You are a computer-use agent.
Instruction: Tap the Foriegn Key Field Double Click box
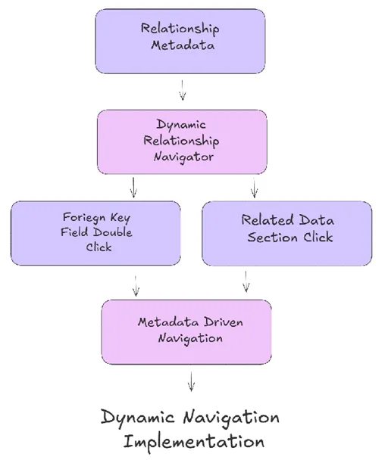click(95, 232)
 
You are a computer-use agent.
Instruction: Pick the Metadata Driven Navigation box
click(186, 331)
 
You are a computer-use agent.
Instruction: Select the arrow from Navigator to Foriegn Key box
click(133, 186)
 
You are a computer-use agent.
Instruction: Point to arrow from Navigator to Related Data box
click(254, 186)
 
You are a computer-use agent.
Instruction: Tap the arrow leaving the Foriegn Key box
click(136, 285)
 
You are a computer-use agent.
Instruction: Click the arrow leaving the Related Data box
click(246, 281)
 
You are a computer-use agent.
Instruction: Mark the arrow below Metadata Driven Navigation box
click(191, 380)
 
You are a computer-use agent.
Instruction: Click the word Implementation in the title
click(194, 441)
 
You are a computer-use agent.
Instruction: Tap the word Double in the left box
click(113, 232)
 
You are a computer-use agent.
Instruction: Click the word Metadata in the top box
click(182, 45)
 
